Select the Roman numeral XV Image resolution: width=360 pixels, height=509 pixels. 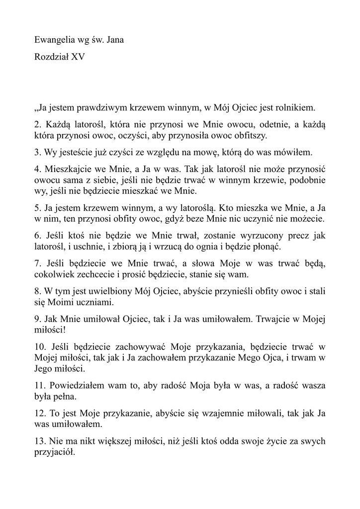78,57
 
